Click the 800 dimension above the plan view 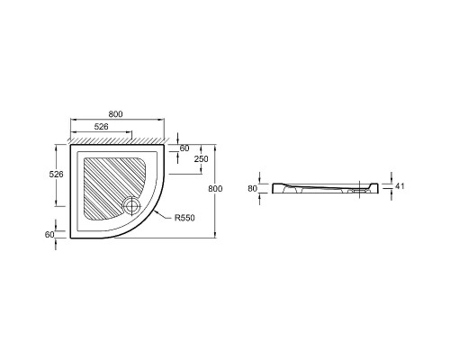pos(115,114)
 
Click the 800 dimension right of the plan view pos(215,189)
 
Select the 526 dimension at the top pos(101,127)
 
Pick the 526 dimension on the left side pos(56,174)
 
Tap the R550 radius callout pos(184,218)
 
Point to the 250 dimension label pos(201,158)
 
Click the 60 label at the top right pos(184,148)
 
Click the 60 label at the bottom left pos(49,235)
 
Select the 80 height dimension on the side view pos(253,188)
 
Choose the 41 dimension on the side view pos(400,186)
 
